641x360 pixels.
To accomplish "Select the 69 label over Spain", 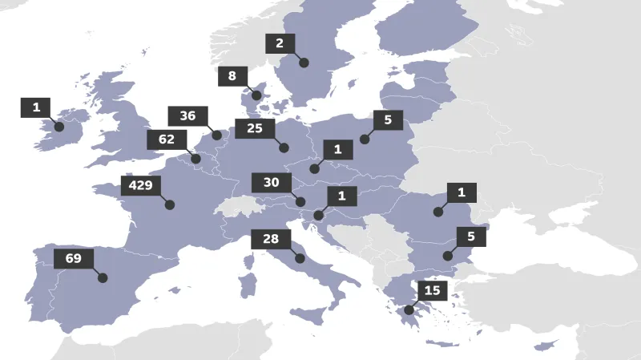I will point(74,259).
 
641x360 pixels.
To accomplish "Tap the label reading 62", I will point(167,140).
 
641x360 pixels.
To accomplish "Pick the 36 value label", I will point(187,116).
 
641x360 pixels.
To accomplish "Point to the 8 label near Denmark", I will point(232,77).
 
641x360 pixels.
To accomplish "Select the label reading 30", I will point(271,183).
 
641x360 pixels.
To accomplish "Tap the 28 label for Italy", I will point(270,240).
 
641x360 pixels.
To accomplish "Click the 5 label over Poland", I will point(388,120).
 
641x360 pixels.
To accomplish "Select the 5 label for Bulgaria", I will point(471,237).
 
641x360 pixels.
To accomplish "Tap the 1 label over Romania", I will point(462,192).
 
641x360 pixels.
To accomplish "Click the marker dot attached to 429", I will point(170,205).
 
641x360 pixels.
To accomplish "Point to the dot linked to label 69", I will point(103,278).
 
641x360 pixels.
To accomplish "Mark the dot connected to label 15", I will point(409,309).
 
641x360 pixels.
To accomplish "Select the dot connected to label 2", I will point(304,63).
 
